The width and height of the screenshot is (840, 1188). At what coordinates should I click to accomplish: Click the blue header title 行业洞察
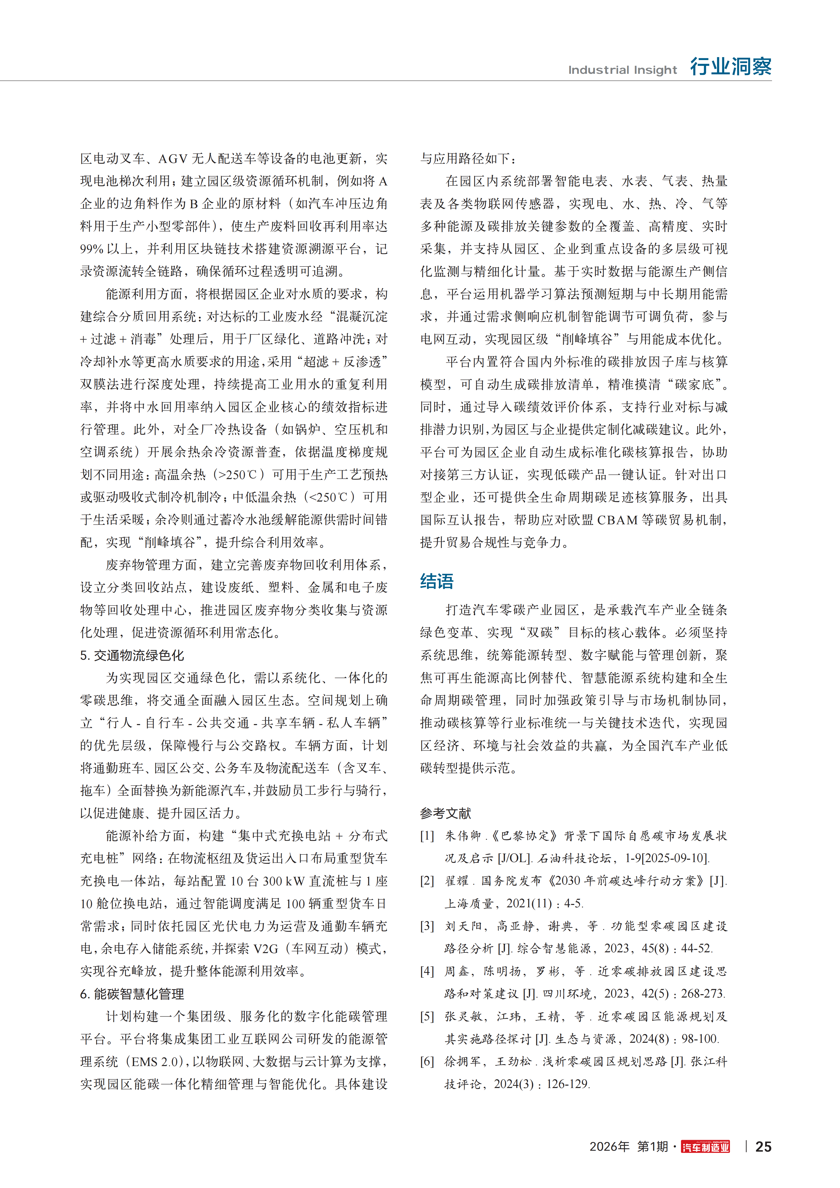pyautogui.click(x=730, y=67)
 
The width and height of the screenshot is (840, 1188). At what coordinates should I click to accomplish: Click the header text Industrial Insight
pyautogui.click(x=622, y=70)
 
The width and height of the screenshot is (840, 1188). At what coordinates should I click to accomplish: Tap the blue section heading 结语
pyautogui.click(x=436, y=582)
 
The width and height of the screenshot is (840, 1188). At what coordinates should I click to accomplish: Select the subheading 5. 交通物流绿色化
pyautogui.click(x=132, y=656)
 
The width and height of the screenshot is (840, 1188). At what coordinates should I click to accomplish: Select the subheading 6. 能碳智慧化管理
pyautogui.click(x=132, y=994)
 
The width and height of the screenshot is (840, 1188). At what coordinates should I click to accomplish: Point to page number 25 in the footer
pyautogui.click(x=763, y=1147)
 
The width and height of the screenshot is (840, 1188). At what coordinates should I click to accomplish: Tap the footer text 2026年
pyautogui.click(x=609, y=1147)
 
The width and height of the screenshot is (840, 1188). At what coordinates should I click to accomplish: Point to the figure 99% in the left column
pyautogui.click(x=92, y=249)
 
